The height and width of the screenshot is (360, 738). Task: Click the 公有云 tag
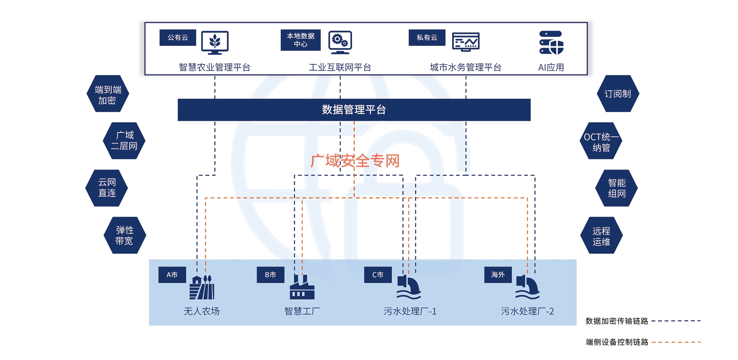(x=178, y=37)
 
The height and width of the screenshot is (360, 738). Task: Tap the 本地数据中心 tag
(x=300, y=40)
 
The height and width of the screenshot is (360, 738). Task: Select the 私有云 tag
(x=427, y=37)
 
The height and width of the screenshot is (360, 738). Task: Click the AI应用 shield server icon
(x=551, y=43)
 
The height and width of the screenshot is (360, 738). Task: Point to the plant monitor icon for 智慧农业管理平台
(x=215, y=42)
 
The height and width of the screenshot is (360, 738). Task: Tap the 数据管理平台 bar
(x=354, y=110)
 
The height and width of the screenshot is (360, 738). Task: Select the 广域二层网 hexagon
(x=124, y=141)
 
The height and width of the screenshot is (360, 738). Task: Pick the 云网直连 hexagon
(x=107, y=188)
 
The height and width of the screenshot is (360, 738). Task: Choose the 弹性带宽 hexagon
(x=125, y=235)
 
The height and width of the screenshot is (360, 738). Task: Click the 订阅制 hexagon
(x=618, y=94)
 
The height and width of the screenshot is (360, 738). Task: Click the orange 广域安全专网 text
(x=355, y=161)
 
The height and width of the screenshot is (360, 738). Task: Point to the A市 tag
(x=172, y=275)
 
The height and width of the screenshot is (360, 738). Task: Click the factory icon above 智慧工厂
(x=302, y=287)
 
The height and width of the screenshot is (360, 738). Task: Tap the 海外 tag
(x=498, y=275)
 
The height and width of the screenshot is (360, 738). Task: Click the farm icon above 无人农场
(x=202, y=288)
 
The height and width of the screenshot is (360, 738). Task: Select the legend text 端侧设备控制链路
(x=617, y=342)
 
